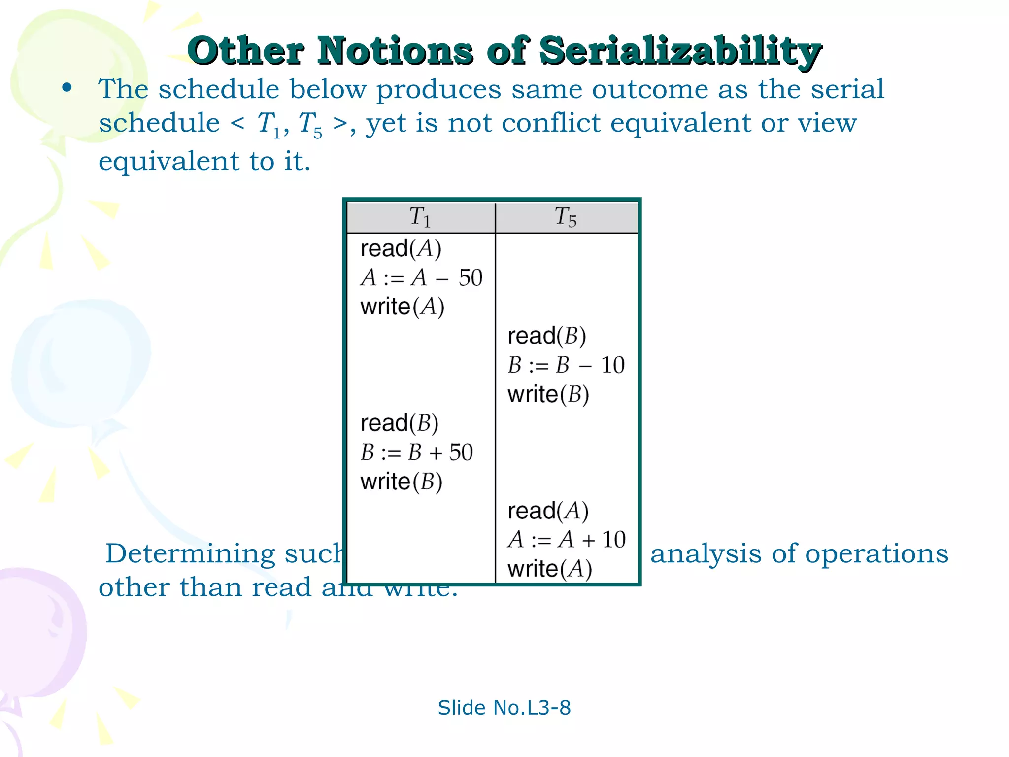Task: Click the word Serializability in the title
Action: pos(680,51)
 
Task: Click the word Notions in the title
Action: pos(394,51)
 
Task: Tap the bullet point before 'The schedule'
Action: pos(67,88)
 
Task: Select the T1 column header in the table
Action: pos(420,217)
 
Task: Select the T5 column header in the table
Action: pos(566,217)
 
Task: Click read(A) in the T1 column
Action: pos(401,248)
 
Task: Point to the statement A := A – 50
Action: pos(421,277)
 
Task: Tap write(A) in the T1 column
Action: pos(402,307)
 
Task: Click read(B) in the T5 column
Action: pos(547,336)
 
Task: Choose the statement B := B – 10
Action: pos(566,365)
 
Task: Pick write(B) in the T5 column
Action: pos(548,394)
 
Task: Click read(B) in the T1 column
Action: pos(399,423)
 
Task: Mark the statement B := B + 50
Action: pos(417,452)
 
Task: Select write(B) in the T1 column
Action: pos(401,482)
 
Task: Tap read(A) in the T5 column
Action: pos(548,511)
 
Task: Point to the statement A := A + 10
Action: pos(567,540)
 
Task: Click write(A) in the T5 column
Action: pos(549,569)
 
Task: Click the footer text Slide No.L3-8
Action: pos(504,708)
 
